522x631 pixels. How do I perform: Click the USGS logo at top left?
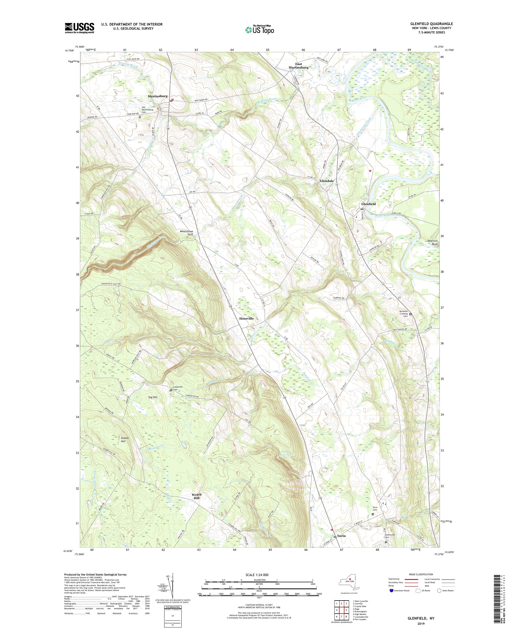click(x=79, y=28)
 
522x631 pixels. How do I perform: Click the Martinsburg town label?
click(x=157, y=96)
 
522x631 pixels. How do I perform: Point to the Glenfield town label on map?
click(x=368, y=204)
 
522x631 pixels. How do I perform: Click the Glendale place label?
click(x=327, y=181)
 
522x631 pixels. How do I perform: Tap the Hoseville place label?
click(x=246, y=318)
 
